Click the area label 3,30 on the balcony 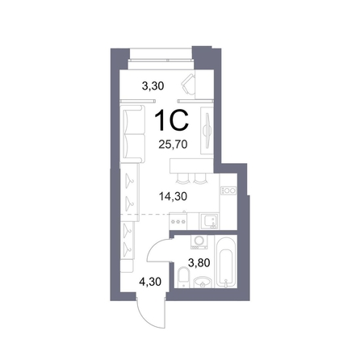153,86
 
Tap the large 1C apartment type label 171,121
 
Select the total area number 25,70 173,144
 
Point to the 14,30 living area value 173,196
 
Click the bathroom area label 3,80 199,262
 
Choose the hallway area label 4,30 150,282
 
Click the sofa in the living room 132,134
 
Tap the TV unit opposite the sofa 207,131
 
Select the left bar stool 182,178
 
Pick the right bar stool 199,178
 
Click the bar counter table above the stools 191,165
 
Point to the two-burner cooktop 228,190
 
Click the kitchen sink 209,221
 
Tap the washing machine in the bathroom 199,242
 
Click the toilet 184,277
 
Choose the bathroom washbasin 203,283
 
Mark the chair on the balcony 188,84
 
